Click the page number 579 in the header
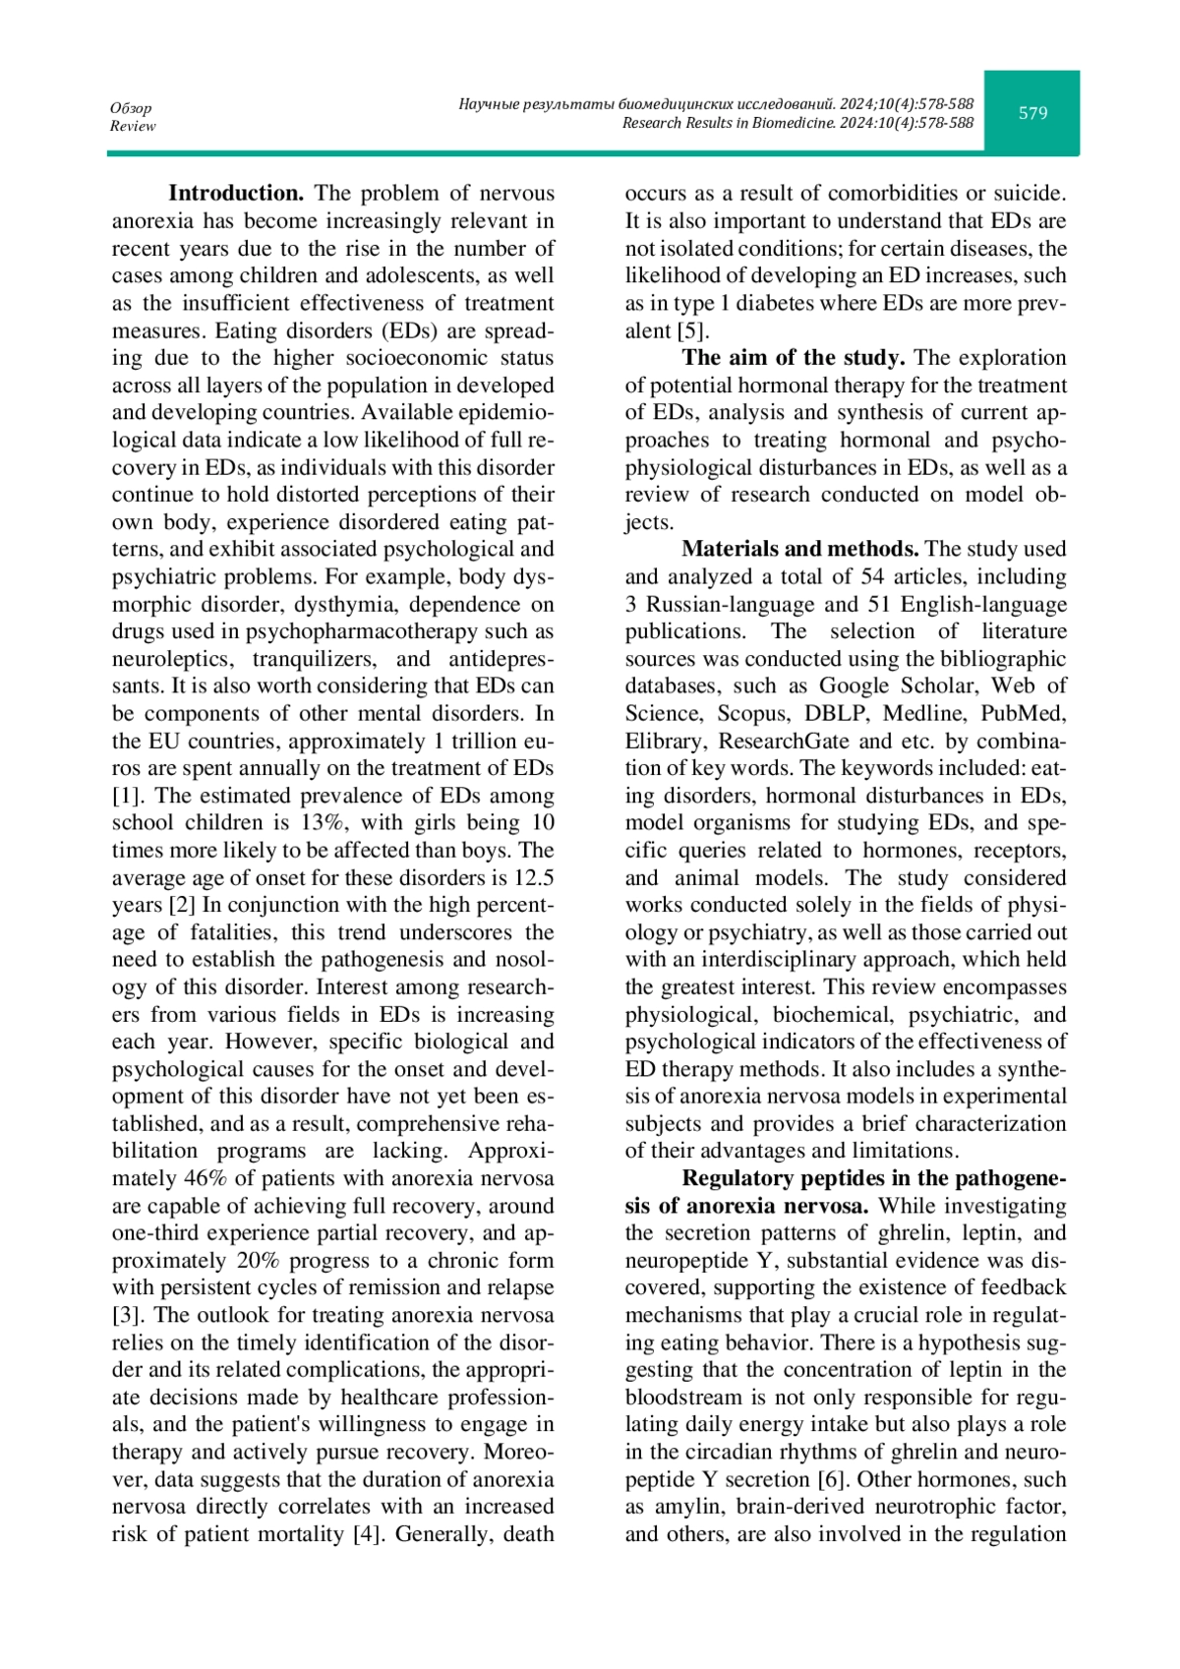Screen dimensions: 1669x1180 coord(1032,113)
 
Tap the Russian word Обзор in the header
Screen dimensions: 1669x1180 coord(131,108)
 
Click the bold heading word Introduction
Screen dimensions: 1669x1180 coord(236,193)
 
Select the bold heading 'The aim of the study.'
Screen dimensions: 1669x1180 coord(794,358)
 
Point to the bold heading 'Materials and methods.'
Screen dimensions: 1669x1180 coord(800,549)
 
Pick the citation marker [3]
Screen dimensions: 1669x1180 coord(128,1315)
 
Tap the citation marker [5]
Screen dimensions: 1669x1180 coord(693,330)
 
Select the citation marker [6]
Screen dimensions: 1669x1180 coord(828,1479)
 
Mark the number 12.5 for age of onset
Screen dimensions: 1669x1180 coord(534,877)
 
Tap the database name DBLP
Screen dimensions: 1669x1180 coord(836,713)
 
